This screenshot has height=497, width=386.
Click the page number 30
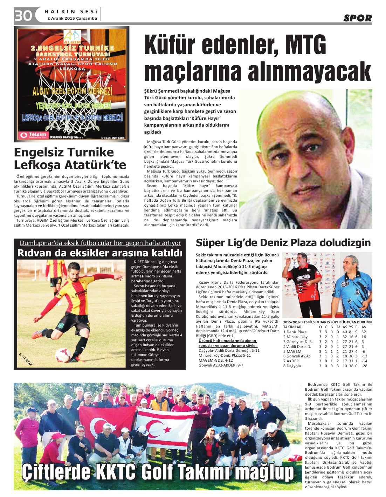tap(23, 15)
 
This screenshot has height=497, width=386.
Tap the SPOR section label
tap(357, 18)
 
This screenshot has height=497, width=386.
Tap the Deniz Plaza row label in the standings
tap(295, 332)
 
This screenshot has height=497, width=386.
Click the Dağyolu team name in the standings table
tap(292, 366)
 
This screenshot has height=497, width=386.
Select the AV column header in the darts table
tap(364, 327)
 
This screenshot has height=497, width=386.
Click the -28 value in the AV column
tap(364, 366)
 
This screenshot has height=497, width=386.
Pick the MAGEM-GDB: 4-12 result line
tap(215, 360)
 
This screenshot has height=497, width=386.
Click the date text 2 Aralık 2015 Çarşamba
tap(72, 19)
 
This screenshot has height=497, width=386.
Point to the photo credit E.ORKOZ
tap(25, 359)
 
